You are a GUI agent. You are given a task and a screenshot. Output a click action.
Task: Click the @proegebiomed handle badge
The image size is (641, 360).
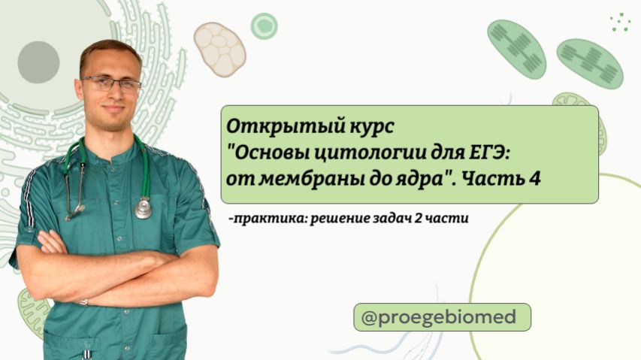click(x=442, y=317)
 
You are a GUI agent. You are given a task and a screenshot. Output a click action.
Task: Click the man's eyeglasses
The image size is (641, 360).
click(x=110, y=83)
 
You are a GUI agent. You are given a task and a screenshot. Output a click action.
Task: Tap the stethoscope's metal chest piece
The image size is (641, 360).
click(x=143, y=207)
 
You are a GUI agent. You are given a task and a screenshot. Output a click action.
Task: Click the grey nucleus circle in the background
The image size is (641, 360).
click(x=38, y=62)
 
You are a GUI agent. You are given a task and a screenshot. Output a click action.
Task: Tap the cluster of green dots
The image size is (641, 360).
click(x=620, y=22)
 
